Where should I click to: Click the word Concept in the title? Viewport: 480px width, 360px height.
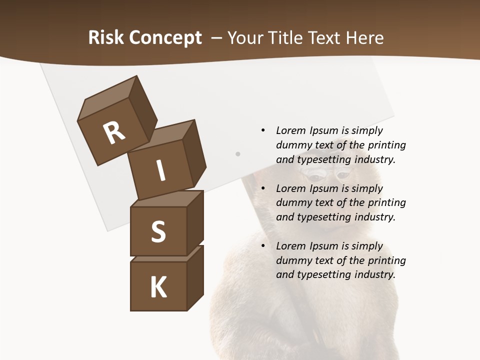(x=165, y=38)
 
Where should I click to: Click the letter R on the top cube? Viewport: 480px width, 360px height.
(x=114, y=132)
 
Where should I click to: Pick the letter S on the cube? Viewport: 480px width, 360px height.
(x=158, y=231)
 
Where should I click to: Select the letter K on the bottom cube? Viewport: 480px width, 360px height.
(x=158, y=287)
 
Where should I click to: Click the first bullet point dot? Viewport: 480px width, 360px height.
(x=262, y=130)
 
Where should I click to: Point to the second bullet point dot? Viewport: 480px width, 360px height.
(x=262, y=188)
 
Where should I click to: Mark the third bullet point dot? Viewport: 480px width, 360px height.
(x=262, y=246)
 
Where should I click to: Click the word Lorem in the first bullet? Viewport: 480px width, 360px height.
(x=290, y=130)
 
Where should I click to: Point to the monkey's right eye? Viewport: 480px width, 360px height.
(x=344, y=175)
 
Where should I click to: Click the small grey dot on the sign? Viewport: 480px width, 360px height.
(x=238, y=154)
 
